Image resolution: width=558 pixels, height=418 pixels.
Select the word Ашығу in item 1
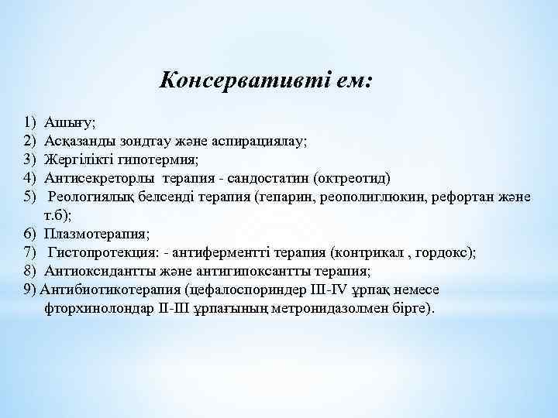point(68,122)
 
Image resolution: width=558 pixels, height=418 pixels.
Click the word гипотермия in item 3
point(158,159)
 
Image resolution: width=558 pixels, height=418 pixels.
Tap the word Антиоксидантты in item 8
point(94,271)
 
